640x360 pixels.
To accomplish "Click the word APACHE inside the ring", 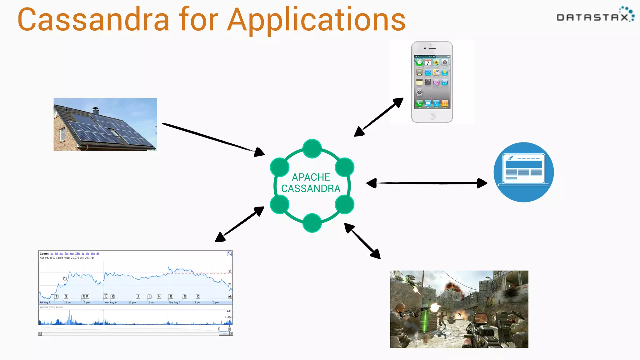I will [311, 177].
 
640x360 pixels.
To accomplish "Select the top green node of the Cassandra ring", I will [312, 148].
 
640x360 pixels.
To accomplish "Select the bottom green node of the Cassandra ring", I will [312, 223].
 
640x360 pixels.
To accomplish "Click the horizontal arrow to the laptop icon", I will [427, 183].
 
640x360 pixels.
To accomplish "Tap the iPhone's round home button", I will [432, 116].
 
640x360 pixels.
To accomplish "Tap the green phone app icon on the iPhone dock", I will [419, 103].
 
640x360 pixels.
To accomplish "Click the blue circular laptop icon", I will [523, 172].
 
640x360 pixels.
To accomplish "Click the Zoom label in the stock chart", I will [44, 253].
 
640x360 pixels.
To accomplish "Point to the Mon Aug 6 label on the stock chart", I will [110, 302].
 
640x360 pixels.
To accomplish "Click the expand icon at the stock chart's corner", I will [229, 254].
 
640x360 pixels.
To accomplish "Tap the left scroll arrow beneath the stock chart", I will [40, 334].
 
